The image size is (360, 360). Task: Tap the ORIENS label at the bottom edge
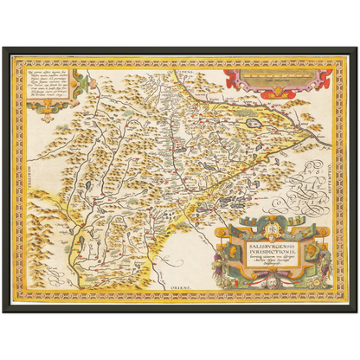(x=190, y=283)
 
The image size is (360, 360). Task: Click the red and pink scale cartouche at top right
(x=278, y=82)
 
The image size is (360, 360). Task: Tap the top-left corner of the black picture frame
(x=3, y=46)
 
